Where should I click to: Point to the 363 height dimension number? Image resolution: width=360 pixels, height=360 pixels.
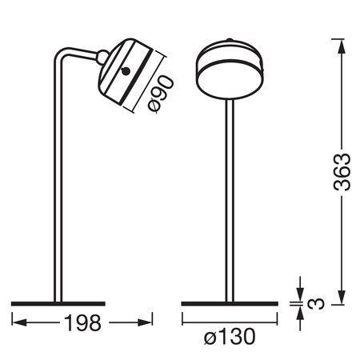pyautogui.click(x=342, y=170)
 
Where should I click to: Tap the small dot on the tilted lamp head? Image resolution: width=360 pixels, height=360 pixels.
pyautogui.click(x=126, y=72)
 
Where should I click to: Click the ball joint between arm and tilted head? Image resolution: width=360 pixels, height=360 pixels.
pyautogui.click(x=102, y=56)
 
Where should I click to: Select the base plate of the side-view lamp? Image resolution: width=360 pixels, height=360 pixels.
pyautogui.click(x=58, y=303)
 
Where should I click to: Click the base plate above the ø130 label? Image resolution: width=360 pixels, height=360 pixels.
pyautogui.click(x=229, y=303)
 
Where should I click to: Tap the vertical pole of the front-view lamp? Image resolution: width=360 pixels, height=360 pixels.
pyautogui.click(x=230, y=200)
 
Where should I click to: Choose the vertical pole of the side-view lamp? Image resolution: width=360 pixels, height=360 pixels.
pyautogui.click(x=55, y=184)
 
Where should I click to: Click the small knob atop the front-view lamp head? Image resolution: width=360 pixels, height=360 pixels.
pyautogui.click(x=230, y=38)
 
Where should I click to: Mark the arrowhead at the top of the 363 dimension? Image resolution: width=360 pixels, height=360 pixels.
pyautogui.click(x=342, y=40)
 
